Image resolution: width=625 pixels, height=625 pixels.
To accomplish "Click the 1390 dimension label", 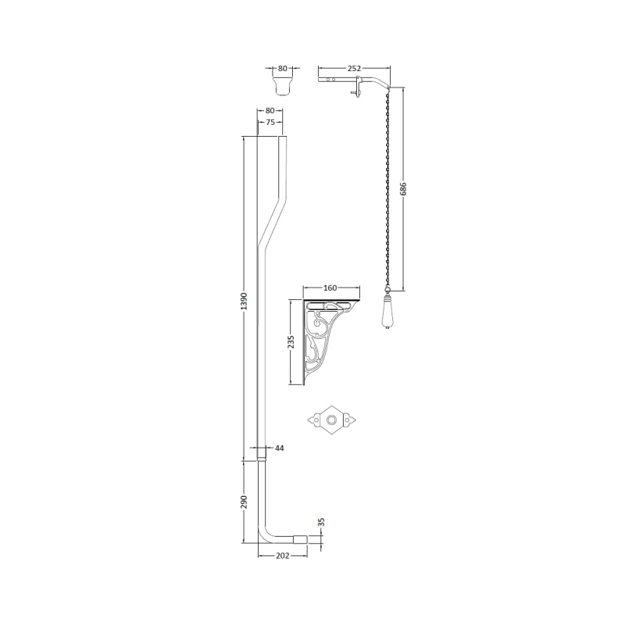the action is (x=245, y=302).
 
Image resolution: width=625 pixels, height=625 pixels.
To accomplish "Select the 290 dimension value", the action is (x=245, y=502).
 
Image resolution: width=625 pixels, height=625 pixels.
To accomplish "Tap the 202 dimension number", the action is (x=283, y=555).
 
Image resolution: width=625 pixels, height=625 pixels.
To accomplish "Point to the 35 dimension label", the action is (x=322, y=522).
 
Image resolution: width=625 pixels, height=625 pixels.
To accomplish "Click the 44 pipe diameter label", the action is (x=280, y=448).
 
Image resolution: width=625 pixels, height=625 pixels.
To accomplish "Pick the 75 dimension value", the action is (x=270, y=123).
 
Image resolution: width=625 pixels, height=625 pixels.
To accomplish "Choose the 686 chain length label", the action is (x=403, y=189).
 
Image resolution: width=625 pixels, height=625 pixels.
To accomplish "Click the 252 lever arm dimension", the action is (x=354, y=69).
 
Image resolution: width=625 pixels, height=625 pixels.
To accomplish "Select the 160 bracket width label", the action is (x=330, y=287).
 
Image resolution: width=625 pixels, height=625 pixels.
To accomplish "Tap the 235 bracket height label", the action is (x=291, y=342).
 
